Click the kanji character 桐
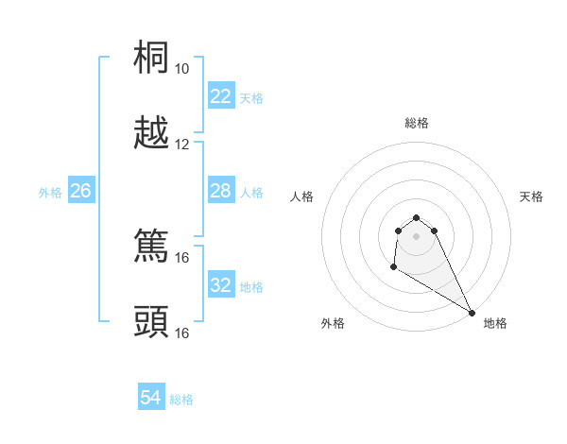tap(151, 59)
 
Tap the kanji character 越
tap(151, 134)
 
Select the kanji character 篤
tap(151, 247)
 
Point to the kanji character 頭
tap(151, 322)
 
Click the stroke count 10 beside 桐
tap(181, 69)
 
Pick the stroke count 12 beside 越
tap(181, 145)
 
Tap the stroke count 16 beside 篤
tap(181, 257)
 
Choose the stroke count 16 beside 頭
tap(181, 333)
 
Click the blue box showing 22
tap(220, 96)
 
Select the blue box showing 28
tap(220, 191)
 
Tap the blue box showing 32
tap(220, 285)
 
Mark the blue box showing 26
tap(80, 191)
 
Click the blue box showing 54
tap(150, 399)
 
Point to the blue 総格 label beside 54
tap(181, 400)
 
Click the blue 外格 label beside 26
tap(50, 193)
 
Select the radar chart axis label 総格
tap(417, 123)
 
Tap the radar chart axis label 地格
tap(495, 323)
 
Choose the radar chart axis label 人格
tap(302, 196)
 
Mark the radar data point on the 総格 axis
tap(416, 213)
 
